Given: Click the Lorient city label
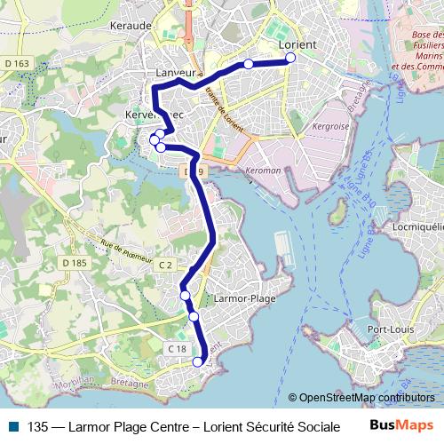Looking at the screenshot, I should pyautogui.click(x=298, y=42).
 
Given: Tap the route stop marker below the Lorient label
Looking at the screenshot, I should pyautogui.click(x=290, y=59).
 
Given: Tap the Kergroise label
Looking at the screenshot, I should pyautogui.click(x=330, y=127).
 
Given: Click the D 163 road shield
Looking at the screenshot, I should pyautogui.click(x=16, y=63).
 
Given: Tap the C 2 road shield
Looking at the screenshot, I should pyautogui.click(x=166, y=265).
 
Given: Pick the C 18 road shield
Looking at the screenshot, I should pyautogui.click(x=176, y=349).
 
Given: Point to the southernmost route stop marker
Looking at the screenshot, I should pyautogui.click(x=198, y=361).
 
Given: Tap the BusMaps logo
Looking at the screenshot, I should pyautogui.click(x=401, y=424).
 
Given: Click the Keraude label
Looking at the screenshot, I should pyautogui.click(x=130, y=27).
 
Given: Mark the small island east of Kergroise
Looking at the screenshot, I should pyautogui.click(x=337, y=212).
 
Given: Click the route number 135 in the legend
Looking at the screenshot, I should pyautogui.click(x=38, y=425).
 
